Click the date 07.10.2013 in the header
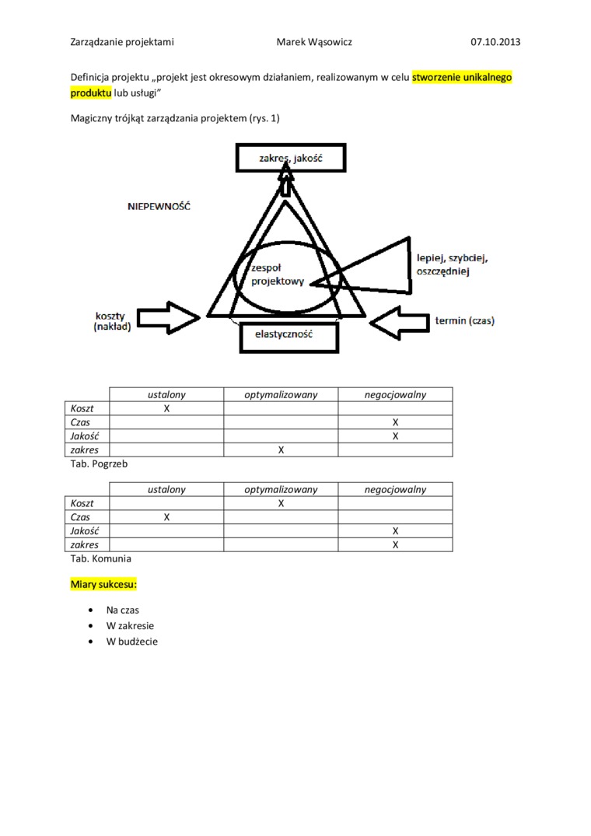[x=495, y=42]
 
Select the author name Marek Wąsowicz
[x=314, y=42]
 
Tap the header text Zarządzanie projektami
[x=122, y=42]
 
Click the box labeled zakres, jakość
[x=290, y=159]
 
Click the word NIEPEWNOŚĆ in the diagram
[x=159, y=208]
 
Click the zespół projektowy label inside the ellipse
[x=277, y=275]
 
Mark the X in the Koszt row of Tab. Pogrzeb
[x=166, y=408]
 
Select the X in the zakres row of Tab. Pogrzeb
[x=281, y=450]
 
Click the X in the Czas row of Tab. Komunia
[x=166, y=517]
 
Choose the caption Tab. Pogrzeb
[x=99, y=463]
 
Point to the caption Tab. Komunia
[x=100, y=558]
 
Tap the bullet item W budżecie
[x=132, y=642]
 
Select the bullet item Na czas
[x=123, y=610]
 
